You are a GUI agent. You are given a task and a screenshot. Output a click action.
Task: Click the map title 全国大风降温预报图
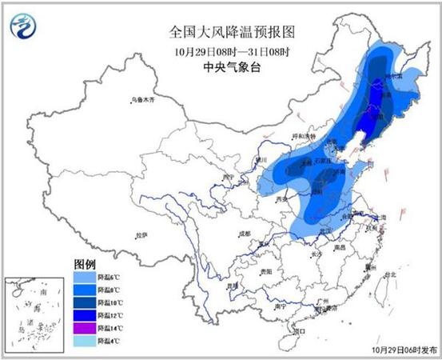click(221, 33)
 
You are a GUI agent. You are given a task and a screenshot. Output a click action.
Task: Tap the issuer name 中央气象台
click(221, 67)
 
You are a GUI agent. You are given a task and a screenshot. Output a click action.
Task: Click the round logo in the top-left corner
click(23, 28)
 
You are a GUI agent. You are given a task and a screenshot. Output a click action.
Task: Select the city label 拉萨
click(141, 236)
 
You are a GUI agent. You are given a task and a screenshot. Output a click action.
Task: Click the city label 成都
click(245, 234)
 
